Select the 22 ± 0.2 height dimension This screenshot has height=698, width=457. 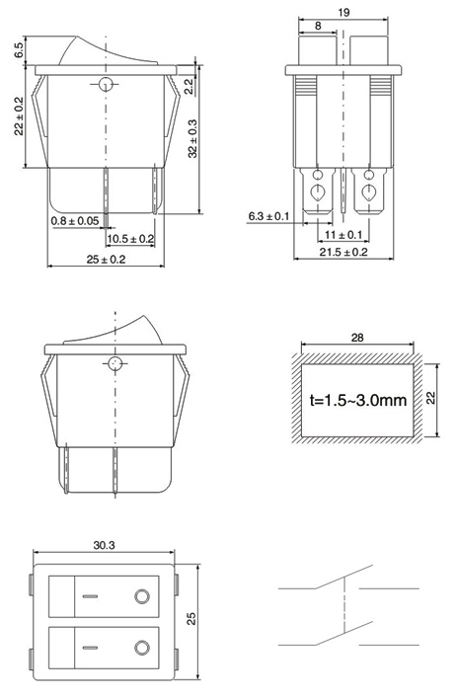pyautogui.click(x=18, y=116)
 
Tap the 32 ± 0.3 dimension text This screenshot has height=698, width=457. pyautogui.click(x=192, y=138)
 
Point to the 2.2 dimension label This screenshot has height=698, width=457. pyautogui.click(x=189, y=86)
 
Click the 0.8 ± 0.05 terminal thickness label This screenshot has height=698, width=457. pyautogui.click(x=75, y=221)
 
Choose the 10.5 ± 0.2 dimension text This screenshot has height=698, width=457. pyautogui.click(x=130, y=239)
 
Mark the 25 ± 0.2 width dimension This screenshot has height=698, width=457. pyautogui.click(x=106, y=259)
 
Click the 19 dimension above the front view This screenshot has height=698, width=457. pyautogui.click(x=343, y=13)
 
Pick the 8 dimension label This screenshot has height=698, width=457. pyautogui.click(x=318, y=26)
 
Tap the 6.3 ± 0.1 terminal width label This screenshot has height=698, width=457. pyautogui.click(x=268, y=216)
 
